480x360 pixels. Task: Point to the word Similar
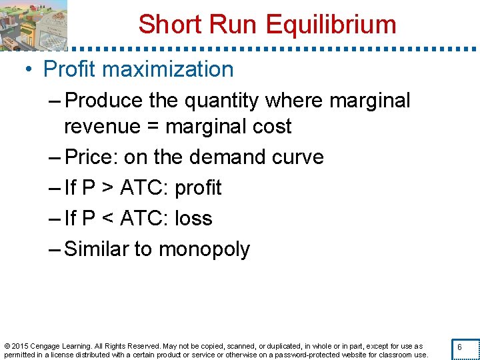coord(96,249)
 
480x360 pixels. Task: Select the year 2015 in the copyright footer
coord(20,346)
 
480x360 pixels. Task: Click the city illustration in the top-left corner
coord(33,25)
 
